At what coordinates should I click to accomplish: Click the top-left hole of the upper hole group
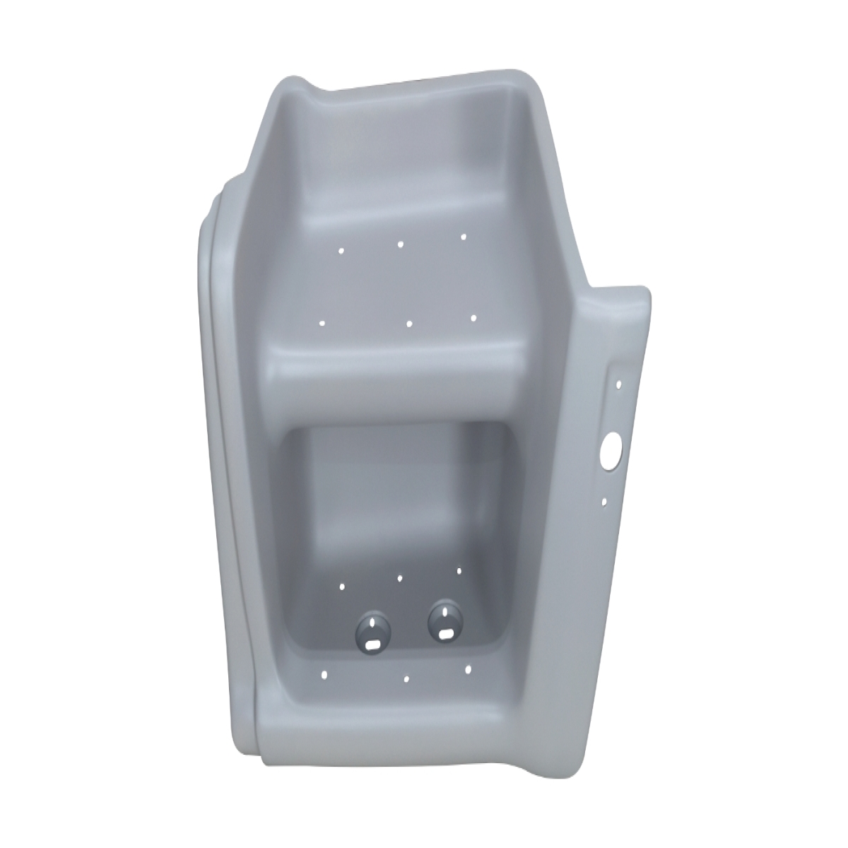(341, 250)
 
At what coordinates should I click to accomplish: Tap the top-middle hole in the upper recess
(401, 244)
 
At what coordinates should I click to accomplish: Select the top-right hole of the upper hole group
(464, 237)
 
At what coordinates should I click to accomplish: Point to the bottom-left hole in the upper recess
(323, 324)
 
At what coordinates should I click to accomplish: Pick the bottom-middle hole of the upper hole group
(410, 324)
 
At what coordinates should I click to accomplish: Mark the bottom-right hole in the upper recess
(473, 318)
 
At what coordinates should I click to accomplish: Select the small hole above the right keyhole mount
(459, 570)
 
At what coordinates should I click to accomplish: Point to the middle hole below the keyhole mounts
(407, 679)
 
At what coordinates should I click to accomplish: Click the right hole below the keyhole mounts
(469, 667)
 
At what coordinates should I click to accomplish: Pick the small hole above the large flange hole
(619, 385)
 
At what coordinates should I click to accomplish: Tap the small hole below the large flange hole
(605, 503)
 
